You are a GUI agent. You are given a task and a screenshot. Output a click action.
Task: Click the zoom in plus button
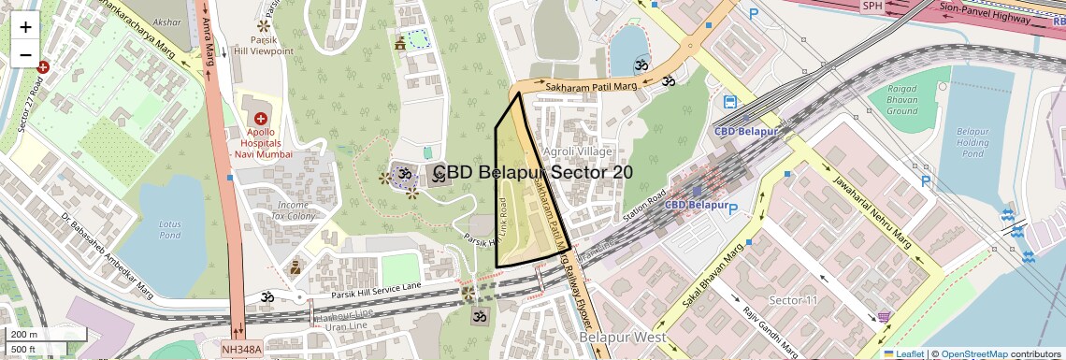pyautogui.click(x=25, y=27)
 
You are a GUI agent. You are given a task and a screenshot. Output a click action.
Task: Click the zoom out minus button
pyautogui.click(x=25, y=55)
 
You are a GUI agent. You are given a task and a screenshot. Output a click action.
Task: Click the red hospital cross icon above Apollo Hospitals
pyautogui.click(x=260, y=121)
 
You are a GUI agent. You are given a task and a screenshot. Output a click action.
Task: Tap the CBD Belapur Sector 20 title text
pyautogui.click(x=533, y=173)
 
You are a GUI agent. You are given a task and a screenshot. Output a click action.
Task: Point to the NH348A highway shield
pyautogui.click(x=242, y=350)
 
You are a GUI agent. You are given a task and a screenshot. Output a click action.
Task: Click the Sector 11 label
pyautogui.click(x=793, y=300)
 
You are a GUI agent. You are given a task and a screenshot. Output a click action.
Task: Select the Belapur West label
pyautogui.click(x=622, y=337)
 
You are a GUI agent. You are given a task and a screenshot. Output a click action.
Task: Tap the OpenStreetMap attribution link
pyautogui.click(x=973, y=353)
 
